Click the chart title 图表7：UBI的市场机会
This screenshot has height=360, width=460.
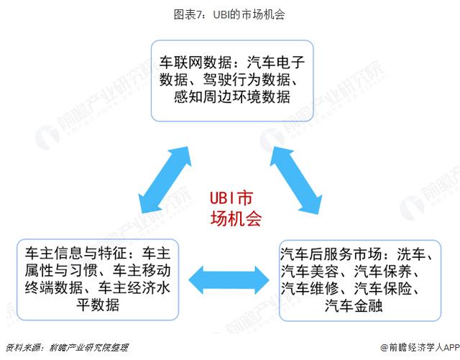point(229,14)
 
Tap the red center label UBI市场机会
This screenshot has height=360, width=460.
point(235,208)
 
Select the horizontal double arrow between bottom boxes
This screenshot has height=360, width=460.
point(229,280)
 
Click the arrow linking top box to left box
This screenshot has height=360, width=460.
point(165,180)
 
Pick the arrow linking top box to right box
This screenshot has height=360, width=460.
point(295,180)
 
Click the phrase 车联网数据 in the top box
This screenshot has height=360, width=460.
point(195,62)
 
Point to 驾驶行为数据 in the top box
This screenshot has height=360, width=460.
point(247,79)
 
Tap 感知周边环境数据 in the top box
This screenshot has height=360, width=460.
point(232,96)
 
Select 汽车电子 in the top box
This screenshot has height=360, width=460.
point(276,62)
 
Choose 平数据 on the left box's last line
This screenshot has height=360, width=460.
point(98,305)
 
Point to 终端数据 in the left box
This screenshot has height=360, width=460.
point(54,287)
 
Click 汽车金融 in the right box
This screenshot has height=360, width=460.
point(354,305)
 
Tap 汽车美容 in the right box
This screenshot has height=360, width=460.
point(310,271)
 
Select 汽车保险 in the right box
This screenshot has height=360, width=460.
point(383,288)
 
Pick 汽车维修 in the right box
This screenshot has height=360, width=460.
point(310,288)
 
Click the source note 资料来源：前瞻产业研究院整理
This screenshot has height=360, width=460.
point(67,348)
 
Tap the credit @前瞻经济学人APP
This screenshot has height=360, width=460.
point(420,347)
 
